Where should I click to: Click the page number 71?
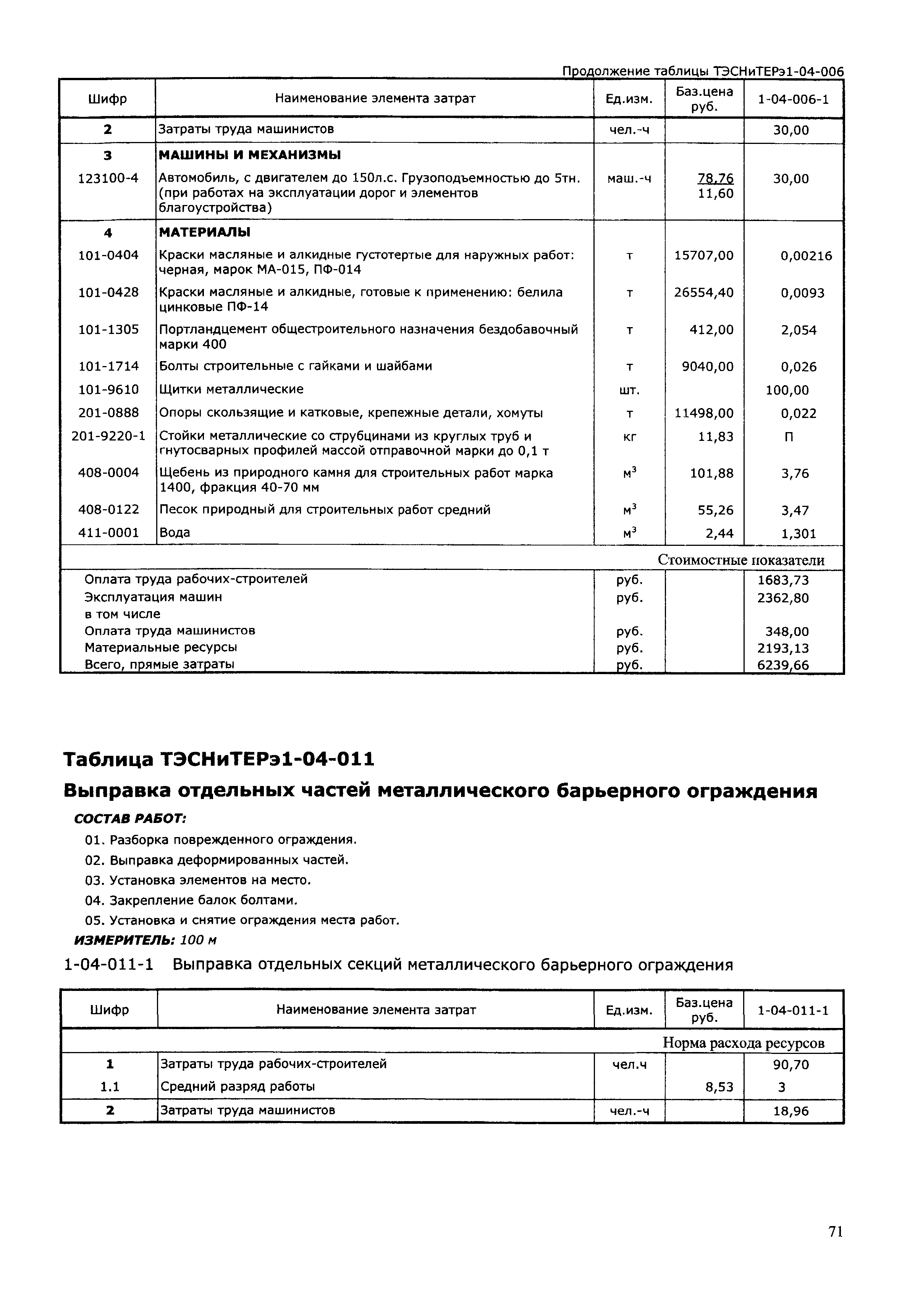point(835,1247)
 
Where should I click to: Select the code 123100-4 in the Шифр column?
point(108,179)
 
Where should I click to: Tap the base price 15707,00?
point(704,255)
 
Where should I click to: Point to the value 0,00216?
point(806,256)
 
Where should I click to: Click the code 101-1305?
point(108,329)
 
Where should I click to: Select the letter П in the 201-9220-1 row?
point(789,437)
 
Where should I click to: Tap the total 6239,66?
point(783,665)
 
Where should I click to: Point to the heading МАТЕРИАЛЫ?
point(205,232)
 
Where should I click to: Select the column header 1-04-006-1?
point(792,99)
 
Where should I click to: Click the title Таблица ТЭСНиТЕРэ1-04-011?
point(219,759)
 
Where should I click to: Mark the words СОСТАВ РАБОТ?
point(130,818)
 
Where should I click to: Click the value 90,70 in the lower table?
point(790,1065)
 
